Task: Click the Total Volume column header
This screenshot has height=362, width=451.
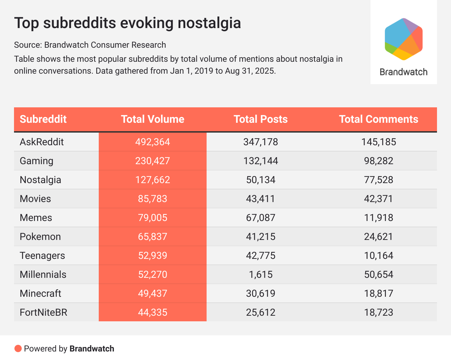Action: point(153,119)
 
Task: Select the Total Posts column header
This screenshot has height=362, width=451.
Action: point(261,119)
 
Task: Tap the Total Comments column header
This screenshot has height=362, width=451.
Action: point(379,119)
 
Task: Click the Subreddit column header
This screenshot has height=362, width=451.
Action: point(43,119)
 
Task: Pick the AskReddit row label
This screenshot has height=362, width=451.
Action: point(42,142)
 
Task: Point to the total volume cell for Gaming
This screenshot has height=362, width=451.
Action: point(153,161)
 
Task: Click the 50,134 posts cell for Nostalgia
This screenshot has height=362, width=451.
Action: point(261,180)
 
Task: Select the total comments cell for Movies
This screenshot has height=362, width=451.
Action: point(379,199)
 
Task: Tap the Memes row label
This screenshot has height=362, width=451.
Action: point(36,218)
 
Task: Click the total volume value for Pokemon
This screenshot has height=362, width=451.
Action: point(153,237)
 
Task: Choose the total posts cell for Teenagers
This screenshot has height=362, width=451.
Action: point(261,256)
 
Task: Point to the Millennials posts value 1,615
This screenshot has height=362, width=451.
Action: point(261,275)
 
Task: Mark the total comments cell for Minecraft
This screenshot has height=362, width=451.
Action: point(379,294)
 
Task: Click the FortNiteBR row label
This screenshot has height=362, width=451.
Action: point(43,313)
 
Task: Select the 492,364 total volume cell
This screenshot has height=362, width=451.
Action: point(153,142)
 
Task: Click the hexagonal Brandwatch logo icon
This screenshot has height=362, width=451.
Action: point(403,39)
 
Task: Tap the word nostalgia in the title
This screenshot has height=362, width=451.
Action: point(209,23)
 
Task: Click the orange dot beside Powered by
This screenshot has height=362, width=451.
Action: point(18,349)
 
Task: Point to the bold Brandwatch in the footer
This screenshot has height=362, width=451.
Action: point(92,349)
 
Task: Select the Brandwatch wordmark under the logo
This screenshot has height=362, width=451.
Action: point(403,72)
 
